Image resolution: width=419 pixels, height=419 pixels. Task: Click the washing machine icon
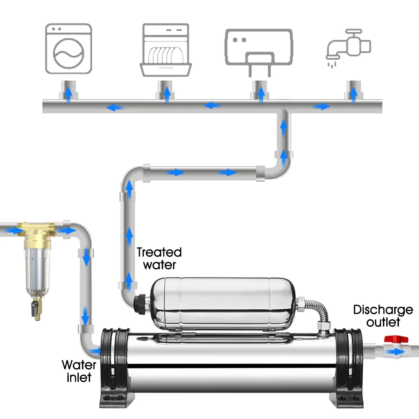(69, 49)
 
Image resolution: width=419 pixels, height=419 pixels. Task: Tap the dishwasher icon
(166, 50)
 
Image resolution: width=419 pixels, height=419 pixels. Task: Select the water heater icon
(259, 51)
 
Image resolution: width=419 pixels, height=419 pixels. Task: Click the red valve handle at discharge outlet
(396, 339)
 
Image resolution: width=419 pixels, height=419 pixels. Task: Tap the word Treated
(159, 252)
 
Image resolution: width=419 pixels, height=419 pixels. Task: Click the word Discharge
(383, 310)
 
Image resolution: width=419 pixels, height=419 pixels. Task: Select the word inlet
(79, 378)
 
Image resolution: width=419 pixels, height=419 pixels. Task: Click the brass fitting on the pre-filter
(37, 233)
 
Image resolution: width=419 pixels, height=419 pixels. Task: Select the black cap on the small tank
(140, 304)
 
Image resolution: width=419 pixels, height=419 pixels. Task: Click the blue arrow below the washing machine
(69, 94)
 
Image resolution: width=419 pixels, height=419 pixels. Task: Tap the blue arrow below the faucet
(354, 94)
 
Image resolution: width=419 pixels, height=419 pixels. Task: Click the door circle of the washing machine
(69, 54)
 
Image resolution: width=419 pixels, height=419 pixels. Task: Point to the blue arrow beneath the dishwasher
(167, 94)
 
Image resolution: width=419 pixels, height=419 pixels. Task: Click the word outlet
(383, 322)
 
